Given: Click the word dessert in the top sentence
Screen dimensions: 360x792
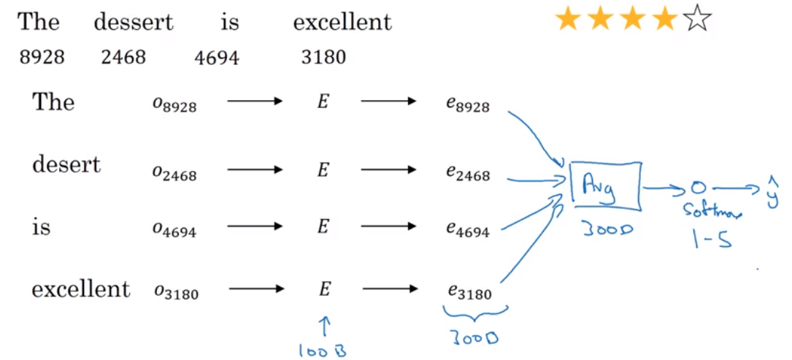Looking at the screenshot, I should tap(134, 22).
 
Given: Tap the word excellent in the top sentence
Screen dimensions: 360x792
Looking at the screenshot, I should tap(342, 22).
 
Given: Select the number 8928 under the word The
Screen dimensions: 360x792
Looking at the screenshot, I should tap(42, 57).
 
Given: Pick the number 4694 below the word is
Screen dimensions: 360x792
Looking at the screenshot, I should tap(217, 57).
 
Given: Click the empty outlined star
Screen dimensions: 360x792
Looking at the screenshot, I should tap(697, 20).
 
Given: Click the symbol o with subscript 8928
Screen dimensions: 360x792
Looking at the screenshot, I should tap(174, 105).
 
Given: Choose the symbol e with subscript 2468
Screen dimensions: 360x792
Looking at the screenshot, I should tap(468, 175).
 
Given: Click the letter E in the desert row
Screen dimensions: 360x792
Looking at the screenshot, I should tap(323, 170).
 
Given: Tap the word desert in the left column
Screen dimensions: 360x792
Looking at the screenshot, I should tap(66, 164).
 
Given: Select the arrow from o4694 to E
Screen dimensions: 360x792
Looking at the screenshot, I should tap(255, 228).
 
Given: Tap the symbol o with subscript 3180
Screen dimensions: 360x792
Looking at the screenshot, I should tap(175, 292).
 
